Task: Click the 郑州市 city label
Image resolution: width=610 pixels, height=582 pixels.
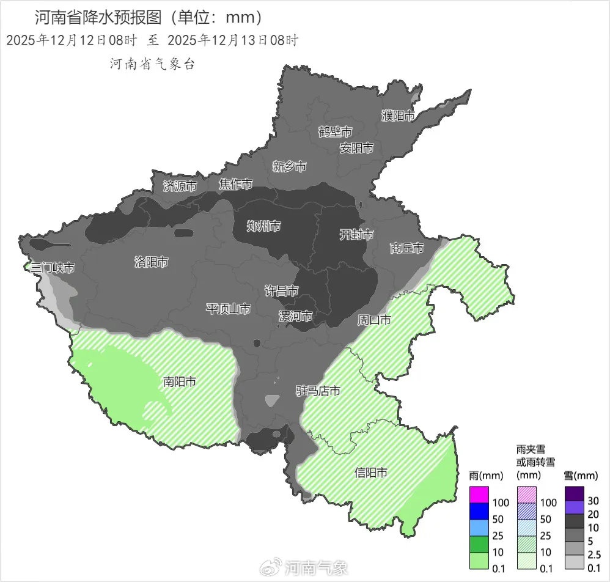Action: tap(263, 227)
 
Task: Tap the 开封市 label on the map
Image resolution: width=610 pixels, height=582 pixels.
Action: tap(356, 235)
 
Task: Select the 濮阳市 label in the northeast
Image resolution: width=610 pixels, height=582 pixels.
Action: tap(398, 116)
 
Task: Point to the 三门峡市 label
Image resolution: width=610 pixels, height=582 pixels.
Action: tap(53, 268)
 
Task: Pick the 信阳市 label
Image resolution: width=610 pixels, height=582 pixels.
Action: tap(371, 473)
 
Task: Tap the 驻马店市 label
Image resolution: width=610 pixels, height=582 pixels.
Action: tap(318, 391)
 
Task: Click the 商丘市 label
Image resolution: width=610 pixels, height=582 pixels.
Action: tap(406, 248)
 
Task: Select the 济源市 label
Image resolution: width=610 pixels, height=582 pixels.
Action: tap(180, 186)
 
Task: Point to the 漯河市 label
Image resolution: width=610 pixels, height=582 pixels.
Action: tap(295, 317)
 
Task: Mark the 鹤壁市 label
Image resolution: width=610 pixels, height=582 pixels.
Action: tap(336, 131)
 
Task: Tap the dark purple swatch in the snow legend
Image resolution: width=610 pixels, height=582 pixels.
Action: tap(575, 493)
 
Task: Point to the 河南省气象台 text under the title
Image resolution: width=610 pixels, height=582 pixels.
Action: tap(152, 64)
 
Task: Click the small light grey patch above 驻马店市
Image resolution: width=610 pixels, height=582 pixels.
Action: tap(273, 400)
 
